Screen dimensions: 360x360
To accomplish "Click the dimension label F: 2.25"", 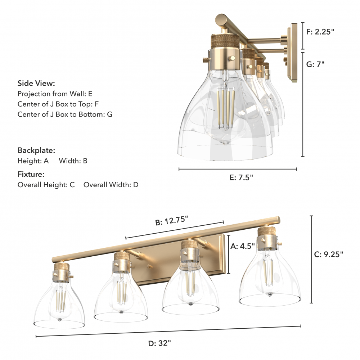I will pyautogui.click(x=320, y=31).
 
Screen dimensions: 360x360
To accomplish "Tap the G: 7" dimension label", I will pyautogui.click(x=315, y=64).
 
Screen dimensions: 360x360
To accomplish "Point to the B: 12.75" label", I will pyautogui.click(x=172, y=221).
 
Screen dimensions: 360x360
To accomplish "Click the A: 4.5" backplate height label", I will pyautogui.click(x=242, y=246).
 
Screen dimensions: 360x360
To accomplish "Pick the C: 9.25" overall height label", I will pyautogui.click(x=328, y=254).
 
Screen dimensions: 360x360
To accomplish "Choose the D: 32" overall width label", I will pyautogui.click(x=159, y=343).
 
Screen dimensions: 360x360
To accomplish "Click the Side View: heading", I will pyautogui.click(x=36, y=84).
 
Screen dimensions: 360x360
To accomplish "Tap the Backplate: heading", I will pyautogui.click(x=36, y=150).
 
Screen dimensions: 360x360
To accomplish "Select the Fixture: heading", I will pyautogui.click(x=31, y=174).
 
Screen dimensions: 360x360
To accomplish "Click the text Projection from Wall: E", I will pyautogui.click(x=55, y=94).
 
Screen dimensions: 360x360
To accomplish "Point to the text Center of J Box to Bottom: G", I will pyautogui.click(x=65, y=114).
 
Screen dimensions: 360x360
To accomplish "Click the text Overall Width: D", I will pyautogui.click(x=111, y=185).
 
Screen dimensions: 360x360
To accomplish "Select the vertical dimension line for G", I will pyautogui.click(x=303, y=104).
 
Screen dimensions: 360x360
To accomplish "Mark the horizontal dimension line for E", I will pyautogui.click(x=238, y=169).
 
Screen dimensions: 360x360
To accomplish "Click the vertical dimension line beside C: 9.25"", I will pyautogui.click(x=311, y=259).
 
